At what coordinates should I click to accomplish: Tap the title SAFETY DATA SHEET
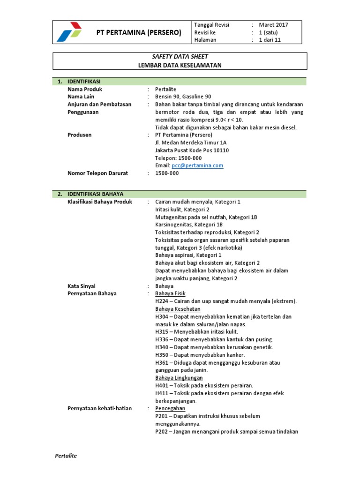click(180, 57)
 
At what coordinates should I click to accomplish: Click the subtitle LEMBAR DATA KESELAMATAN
click(180, 65)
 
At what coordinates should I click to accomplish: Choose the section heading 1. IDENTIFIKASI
click(81, 82)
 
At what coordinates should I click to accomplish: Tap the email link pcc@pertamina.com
click(197, 165)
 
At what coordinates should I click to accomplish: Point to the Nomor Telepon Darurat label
click(97, 173)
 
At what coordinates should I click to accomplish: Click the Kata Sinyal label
click(82, 285)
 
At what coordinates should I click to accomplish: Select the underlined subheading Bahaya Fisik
click(170, 293)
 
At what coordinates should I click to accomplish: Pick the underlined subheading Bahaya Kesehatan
click(178, 309)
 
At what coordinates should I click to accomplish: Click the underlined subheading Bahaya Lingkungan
click(179, 378)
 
